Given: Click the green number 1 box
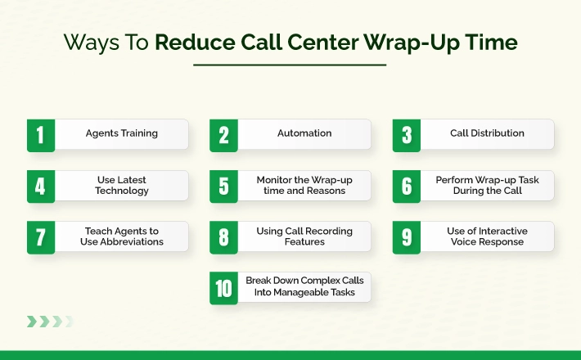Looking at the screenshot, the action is (x=41, y=135).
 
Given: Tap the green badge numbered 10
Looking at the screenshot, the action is (x=223, y=288).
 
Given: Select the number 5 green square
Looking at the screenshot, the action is (x=223, y=187).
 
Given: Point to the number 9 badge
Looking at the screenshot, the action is (x=407, y=237).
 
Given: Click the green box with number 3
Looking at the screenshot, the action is (x=407, y=135).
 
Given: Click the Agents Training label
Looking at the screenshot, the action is (x=122, y=133).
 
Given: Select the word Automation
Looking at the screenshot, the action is (x=304, y=133).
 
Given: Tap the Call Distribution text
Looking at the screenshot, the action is (x=487, y=133).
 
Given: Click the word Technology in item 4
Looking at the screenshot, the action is (x=122, y=191).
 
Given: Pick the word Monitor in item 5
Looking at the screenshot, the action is (x=274, y=180).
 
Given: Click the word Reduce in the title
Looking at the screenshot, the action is (x=195, y=42).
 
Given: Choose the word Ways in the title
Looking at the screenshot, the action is (x=92, y=43).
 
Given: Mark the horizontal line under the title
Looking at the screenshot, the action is (x=290, y=65).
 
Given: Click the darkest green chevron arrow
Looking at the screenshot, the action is (x=32, y=322).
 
